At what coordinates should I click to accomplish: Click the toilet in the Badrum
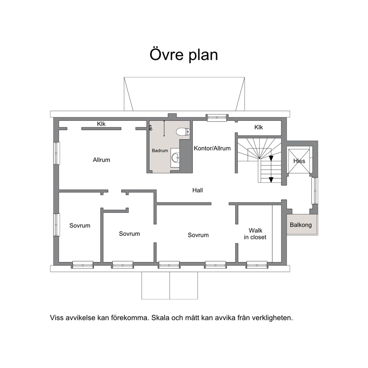click(x=183, y=132)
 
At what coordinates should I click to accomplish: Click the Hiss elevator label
click(x=299, y=161)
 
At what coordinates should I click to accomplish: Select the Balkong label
click(x=301, y=225)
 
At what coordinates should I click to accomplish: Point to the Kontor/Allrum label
click(x=212, y=148)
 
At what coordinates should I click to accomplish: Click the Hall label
click(x=198, y=190)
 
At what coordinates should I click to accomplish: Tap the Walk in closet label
click(x=255, y=234)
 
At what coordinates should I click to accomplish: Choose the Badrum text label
click(x=160, y=151)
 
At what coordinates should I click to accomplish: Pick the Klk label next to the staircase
click(x=259, y=127)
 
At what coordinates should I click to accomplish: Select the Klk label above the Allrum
click(x=101, y=124)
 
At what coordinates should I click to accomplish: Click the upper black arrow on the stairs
click(x=271, y=158)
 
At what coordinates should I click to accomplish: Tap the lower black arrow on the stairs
click(x=271, y=180)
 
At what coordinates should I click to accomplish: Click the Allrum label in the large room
click(x=101, y=160)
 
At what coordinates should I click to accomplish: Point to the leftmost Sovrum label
click(x=80, y=226)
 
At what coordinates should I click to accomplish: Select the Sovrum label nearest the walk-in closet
click(x=198, y=235)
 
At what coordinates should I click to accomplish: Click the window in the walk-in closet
click(x=257, y=265)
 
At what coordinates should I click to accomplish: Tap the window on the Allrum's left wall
click(x=56, y=153)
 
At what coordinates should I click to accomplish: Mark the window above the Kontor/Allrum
click(x=217, y=117)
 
